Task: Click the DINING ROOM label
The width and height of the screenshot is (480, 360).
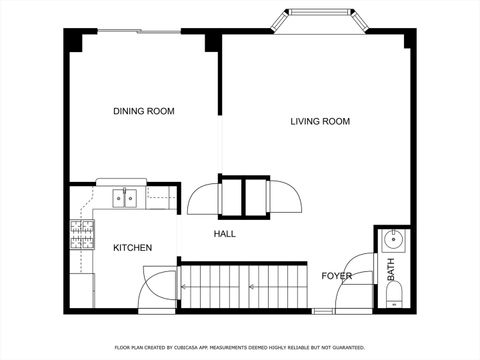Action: [143, 111]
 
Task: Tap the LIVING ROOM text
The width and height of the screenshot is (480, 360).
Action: [320, 122]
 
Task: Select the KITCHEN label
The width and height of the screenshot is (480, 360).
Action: [132, 247]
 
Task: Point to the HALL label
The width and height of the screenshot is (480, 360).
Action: [225, 234]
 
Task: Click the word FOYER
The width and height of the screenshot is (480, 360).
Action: [336, 276]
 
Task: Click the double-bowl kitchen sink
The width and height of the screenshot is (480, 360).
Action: [125, 198]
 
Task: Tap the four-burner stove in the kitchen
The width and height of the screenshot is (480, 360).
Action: [81, 236]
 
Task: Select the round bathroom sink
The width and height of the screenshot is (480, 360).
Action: [394, 239]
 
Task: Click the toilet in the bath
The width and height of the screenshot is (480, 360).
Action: [394, 294]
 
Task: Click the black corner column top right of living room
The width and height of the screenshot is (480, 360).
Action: [409, 38]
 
